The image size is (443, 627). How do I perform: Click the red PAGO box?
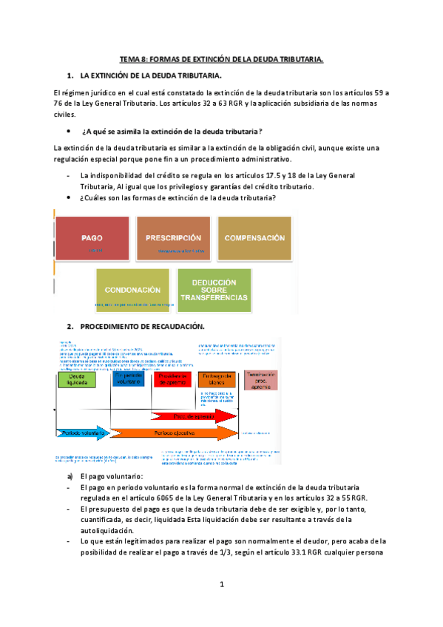click(92, 239)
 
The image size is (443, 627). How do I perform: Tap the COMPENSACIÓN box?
click(254, 239)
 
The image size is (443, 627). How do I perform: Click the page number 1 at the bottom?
click(221, 584)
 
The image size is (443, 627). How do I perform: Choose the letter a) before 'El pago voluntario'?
click(70, 477)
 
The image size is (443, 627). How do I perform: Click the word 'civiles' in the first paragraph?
click(65, 115)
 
